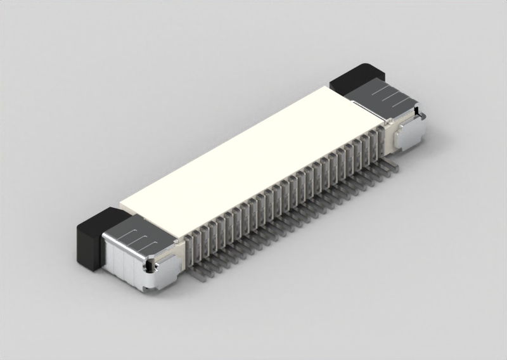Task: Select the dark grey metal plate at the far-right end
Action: tap(380, 98)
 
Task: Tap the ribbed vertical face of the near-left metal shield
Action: tap(120, 266)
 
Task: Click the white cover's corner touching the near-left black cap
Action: tap(122, 207)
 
